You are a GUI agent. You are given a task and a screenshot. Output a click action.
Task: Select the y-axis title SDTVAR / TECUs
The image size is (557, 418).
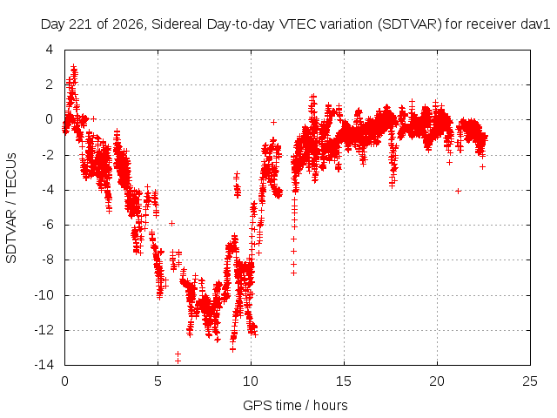(11, 208)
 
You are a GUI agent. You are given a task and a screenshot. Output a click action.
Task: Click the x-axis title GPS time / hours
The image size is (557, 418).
(295, 406)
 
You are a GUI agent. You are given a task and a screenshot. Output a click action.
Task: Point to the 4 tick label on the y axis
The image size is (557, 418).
(49, 50)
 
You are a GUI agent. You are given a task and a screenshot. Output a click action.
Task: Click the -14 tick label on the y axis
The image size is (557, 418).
(44, 364)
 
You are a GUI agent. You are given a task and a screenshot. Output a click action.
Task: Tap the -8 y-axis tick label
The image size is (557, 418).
(47, 260)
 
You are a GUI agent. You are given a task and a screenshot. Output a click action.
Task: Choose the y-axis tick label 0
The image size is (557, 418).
(49, 119)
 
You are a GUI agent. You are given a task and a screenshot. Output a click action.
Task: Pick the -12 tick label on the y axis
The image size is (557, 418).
(44, 330)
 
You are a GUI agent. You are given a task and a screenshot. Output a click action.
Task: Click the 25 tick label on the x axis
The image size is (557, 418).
(530, 381)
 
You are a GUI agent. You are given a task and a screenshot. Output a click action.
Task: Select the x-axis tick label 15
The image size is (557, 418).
(344, 381)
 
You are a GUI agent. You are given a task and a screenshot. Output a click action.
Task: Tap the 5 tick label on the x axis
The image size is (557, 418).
(158, 381)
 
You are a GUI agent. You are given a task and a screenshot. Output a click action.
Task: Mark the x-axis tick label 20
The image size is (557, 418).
(437, 381)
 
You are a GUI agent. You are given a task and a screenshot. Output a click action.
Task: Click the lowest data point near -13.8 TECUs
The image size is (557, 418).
(178, 361)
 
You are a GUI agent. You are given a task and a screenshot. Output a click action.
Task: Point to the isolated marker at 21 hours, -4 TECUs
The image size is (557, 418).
(459, 192)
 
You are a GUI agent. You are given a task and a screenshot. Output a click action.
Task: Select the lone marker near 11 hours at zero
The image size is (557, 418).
(273, 122)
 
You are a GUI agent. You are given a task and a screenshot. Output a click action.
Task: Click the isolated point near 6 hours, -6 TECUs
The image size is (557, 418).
(172, 223)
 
